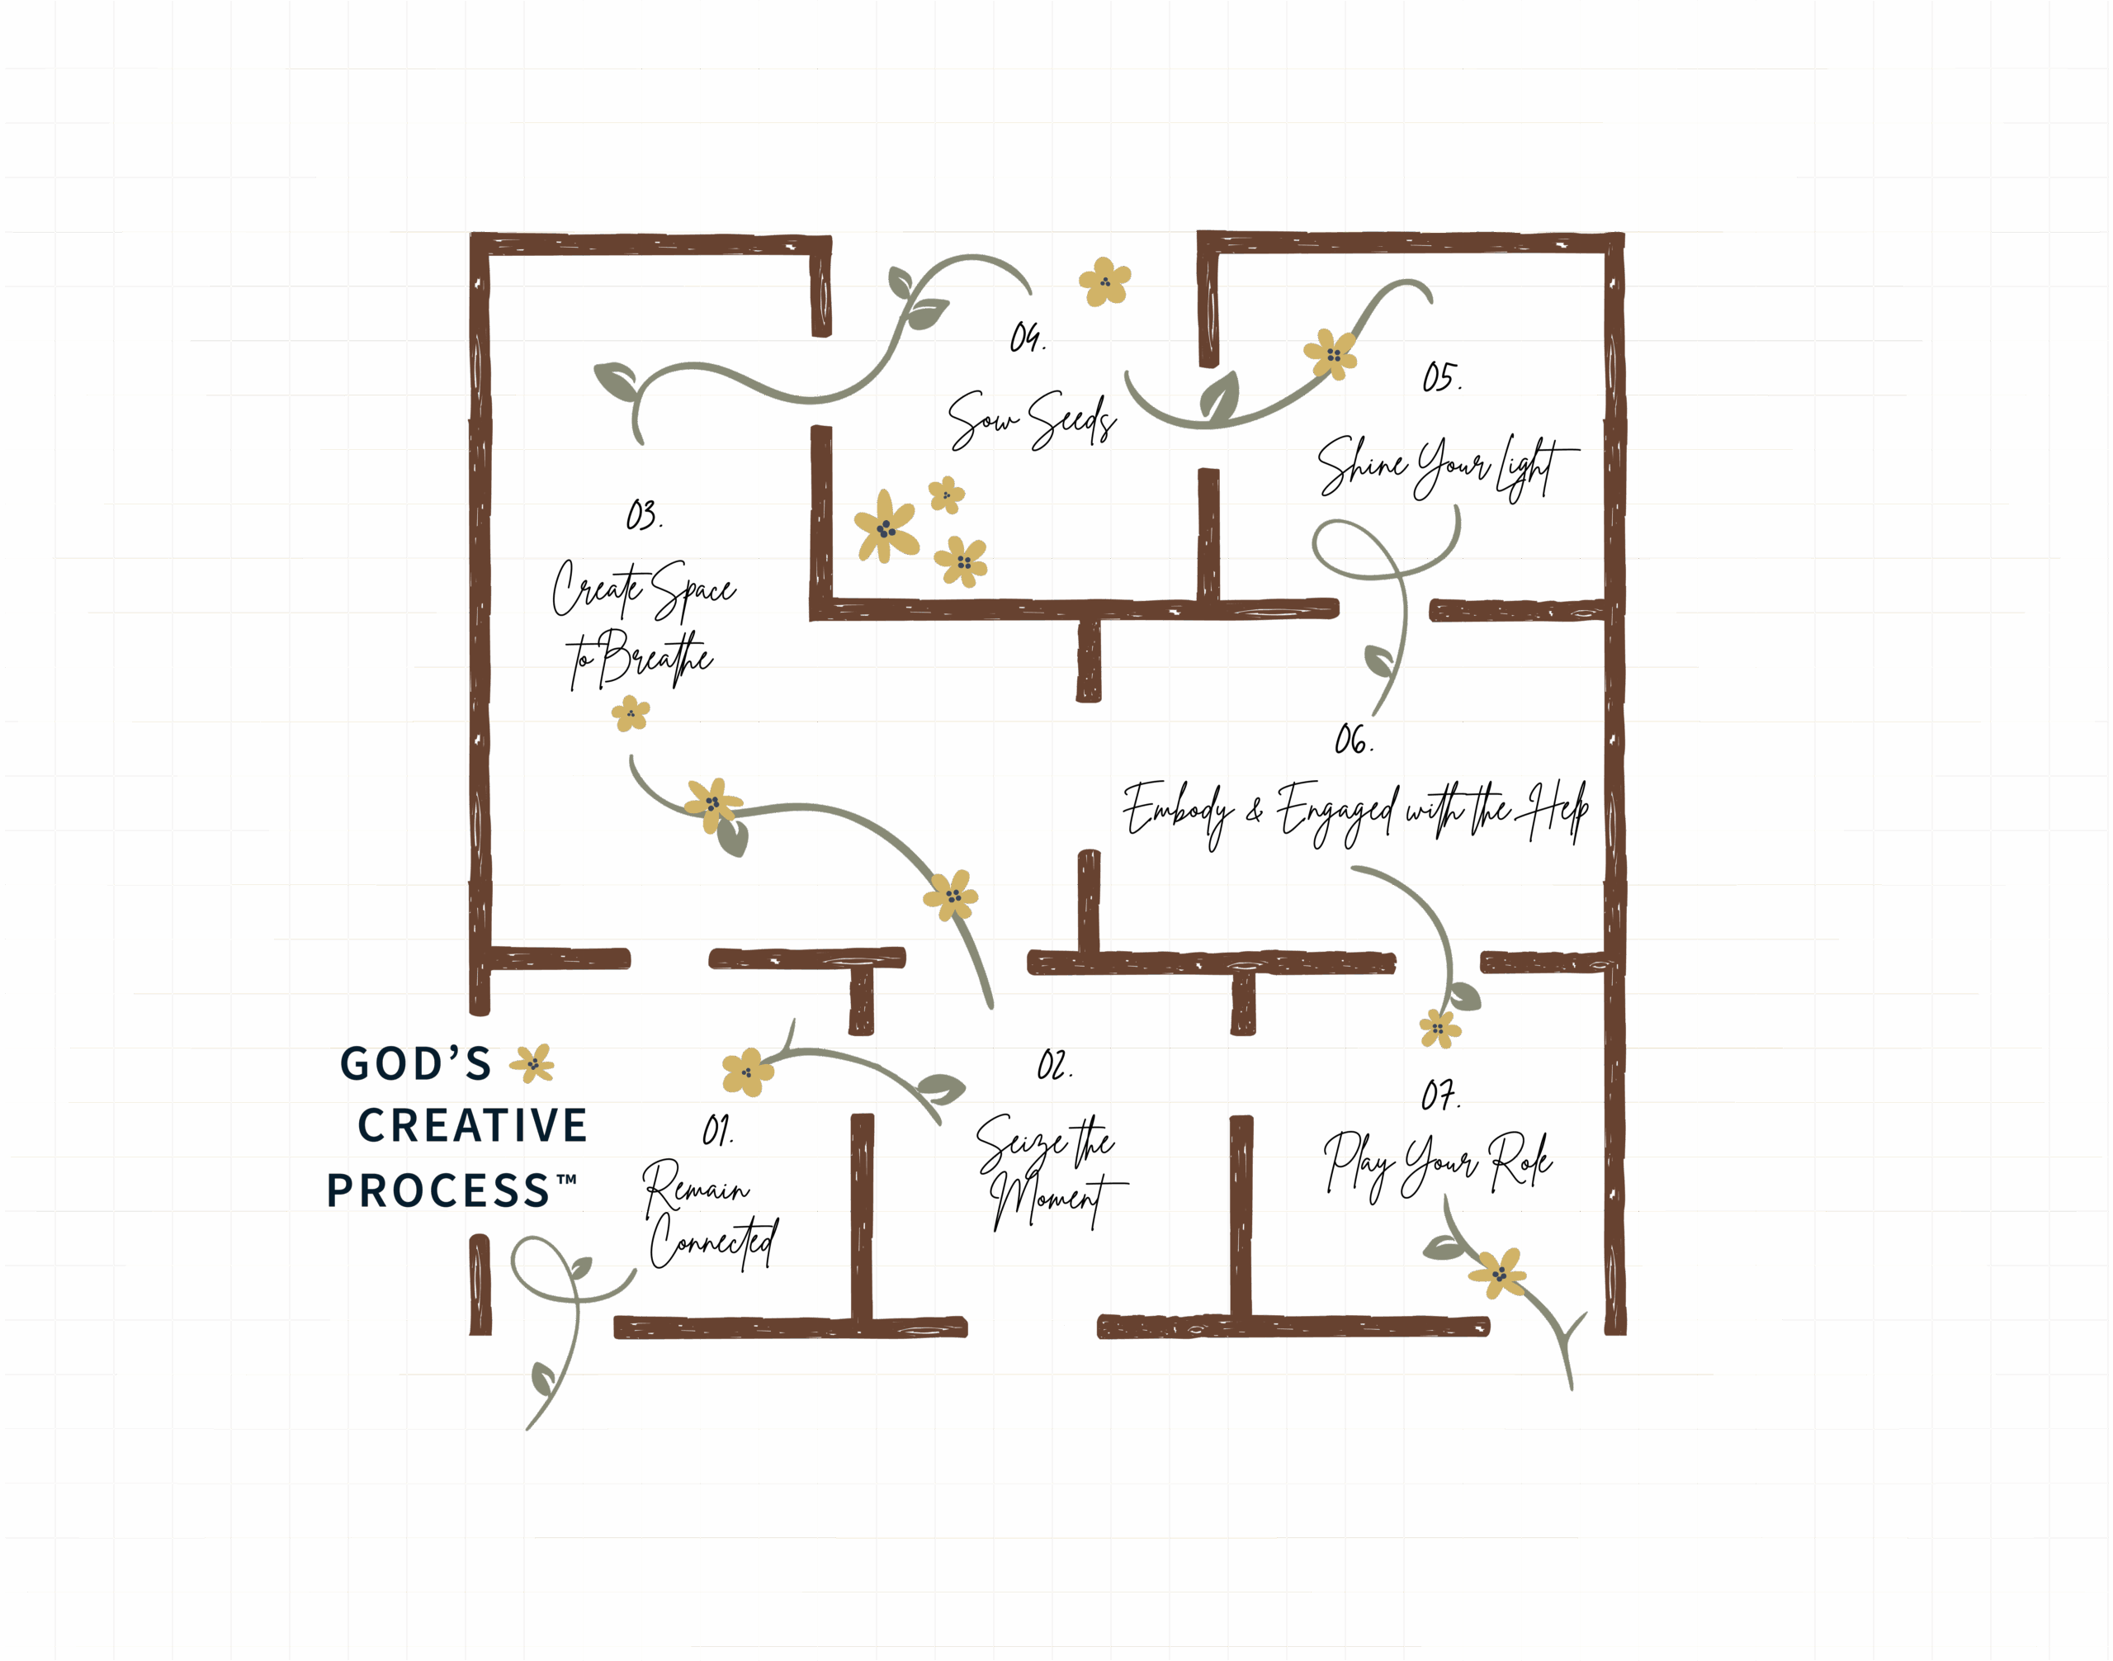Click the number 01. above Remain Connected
pos(717,1131)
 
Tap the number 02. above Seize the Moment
pos(1054,1066)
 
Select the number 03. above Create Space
pos(644,514)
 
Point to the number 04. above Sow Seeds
pos(1027,338)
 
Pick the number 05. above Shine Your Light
pos(1441,377)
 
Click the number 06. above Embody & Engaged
pos(1354,741)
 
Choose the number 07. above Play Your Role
pos(1440,1096)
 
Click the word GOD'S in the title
pos(416,1064)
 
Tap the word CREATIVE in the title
pos(473,1126)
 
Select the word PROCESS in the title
pos(438,1190)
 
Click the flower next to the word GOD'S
pos(533,1063)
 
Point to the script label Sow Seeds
pos(1032,421)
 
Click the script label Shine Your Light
pos(1446,466)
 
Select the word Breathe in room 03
pos(654,657)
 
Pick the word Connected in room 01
pos(713,1242)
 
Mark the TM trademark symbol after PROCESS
pos(567,1180)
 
